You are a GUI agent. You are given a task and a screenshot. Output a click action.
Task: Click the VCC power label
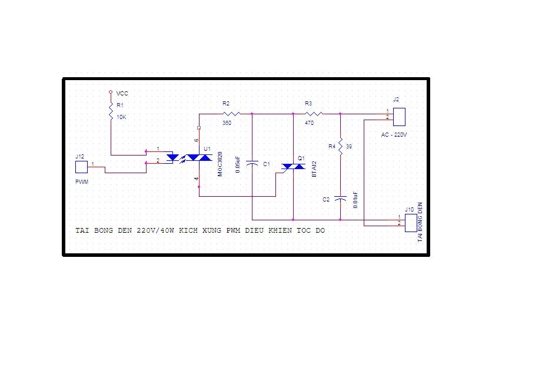(122, 94)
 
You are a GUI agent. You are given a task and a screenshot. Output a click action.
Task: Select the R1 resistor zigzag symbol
(111, 111)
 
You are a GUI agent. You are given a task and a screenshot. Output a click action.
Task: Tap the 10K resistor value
(121, 117)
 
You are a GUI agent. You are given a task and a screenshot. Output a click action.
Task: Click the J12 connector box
(81, 167)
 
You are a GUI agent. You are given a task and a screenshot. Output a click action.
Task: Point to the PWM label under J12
(82, 182)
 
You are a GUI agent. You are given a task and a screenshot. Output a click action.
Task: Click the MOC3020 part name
(220, 164)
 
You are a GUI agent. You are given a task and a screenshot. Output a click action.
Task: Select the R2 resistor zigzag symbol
(232, 114)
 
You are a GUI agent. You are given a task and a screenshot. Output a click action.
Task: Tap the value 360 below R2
(227, 123)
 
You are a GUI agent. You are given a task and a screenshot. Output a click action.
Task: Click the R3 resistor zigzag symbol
(314, 114)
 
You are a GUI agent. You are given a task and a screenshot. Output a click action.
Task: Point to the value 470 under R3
(309, 123)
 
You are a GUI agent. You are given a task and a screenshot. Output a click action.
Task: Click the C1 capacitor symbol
(252, 163)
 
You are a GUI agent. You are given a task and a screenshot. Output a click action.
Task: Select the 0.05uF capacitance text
(238, 164)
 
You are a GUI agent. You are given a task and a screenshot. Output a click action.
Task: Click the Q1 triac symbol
(293, 166)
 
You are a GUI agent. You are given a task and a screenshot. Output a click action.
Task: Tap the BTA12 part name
(314, 169)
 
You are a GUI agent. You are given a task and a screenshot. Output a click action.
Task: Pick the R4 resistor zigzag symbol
(340, 146)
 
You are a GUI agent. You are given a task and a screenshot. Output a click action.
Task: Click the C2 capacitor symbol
(340, 199)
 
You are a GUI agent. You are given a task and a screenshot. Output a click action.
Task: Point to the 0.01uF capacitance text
(355, 200)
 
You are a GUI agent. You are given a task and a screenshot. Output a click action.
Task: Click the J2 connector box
(399, 117)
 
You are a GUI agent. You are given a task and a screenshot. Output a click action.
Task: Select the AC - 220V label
(394, 135)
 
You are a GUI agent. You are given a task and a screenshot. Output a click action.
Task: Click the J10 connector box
(411, 223)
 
